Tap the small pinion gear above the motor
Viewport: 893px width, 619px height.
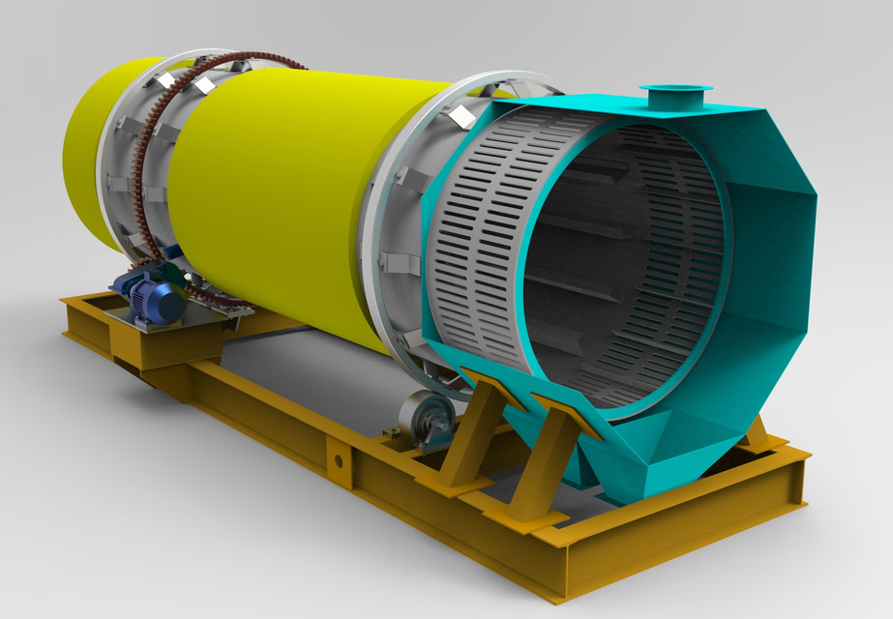[174, 253]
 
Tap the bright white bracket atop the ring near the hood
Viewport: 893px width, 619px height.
[461, 115]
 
